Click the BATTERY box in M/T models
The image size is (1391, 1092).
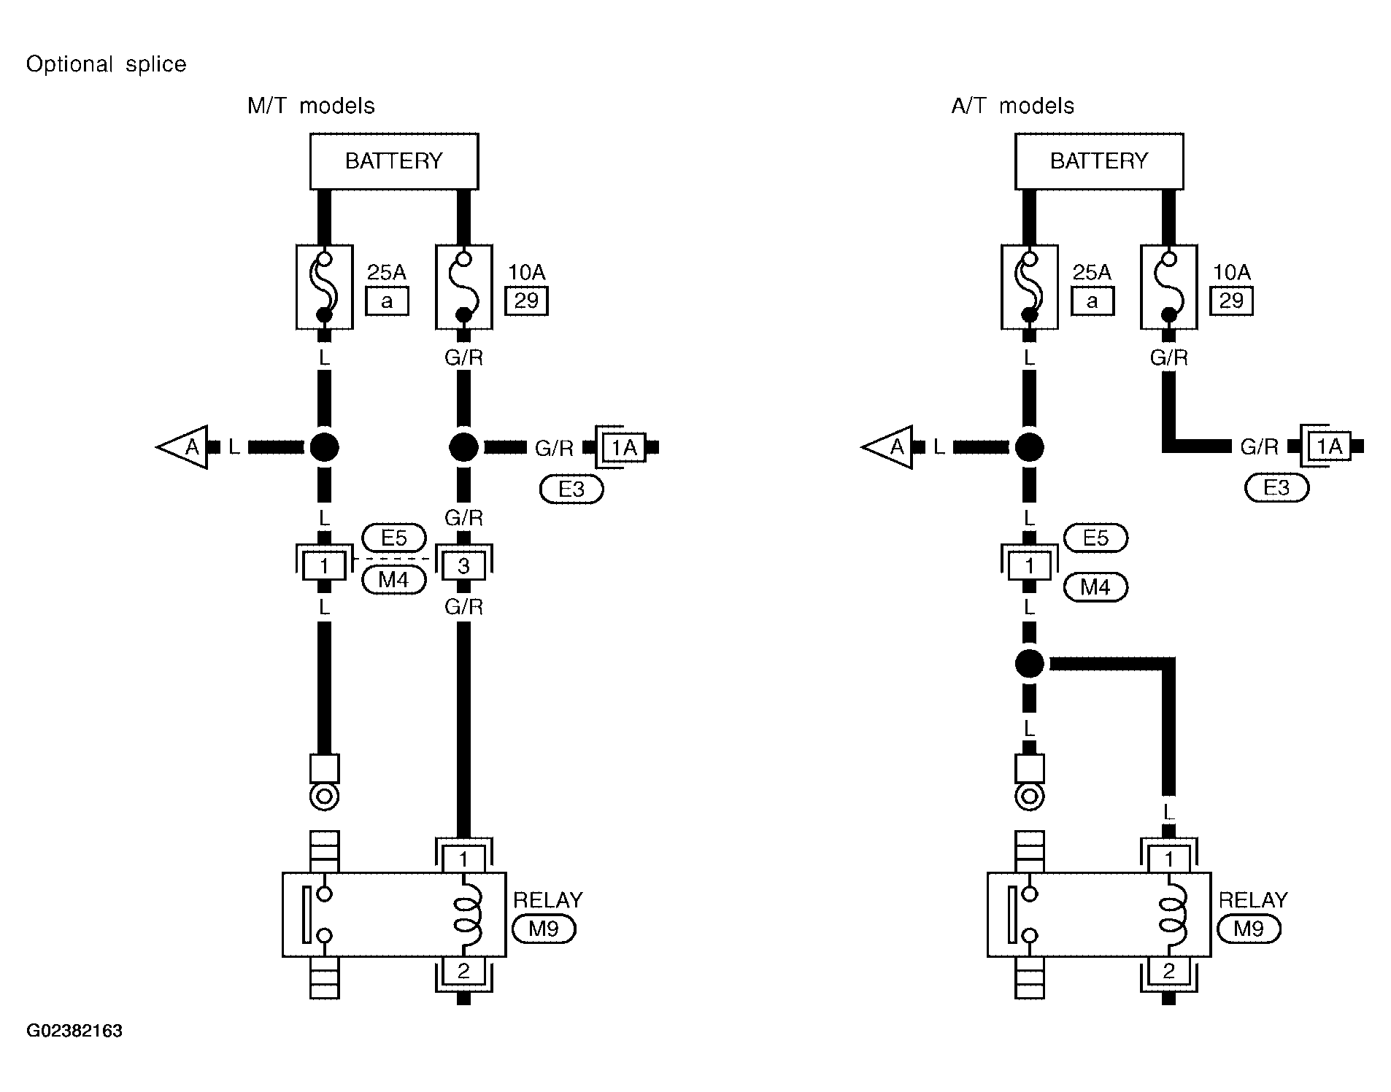(394, 161)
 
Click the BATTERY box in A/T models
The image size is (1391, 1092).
(1099, 161)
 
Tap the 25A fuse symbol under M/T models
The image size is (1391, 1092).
(325, 287)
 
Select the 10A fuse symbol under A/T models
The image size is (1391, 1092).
(1169, 287)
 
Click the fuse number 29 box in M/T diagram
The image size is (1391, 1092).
(526, 301)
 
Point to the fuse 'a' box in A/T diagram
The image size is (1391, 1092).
(1093, 301)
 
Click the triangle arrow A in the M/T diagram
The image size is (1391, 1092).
(182, 447)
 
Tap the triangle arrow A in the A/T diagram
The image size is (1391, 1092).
(887, 447)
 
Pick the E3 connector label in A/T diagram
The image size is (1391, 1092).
(1276, 488)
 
